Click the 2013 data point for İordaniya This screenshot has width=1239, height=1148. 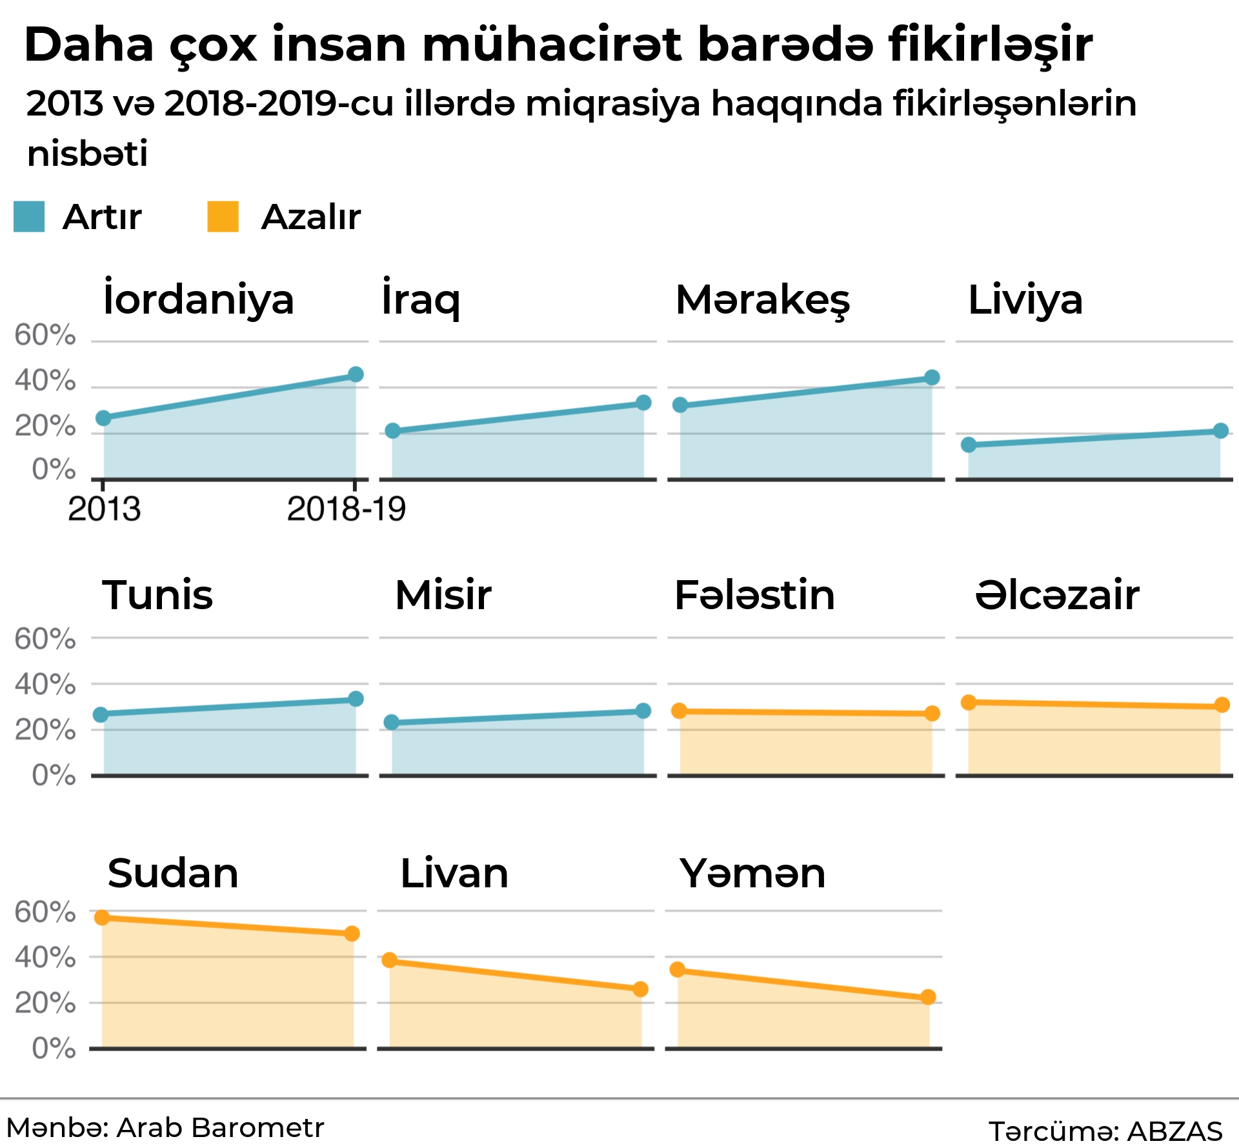click(103, 418)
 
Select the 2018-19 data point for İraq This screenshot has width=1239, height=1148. click(643, 403)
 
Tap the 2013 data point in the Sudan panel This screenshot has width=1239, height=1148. click(102, 917)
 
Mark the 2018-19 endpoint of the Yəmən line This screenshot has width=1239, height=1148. click(928, 997)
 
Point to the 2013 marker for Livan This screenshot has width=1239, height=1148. click(390, 960)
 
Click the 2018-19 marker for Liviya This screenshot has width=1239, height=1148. click(1220, 430)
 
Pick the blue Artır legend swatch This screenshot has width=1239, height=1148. click(29, 216)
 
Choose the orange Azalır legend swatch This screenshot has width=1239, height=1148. click(223, 216)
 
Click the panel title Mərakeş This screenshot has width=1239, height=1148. click(763, 300)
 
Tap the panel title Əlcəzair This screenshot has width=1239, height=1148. click(1057, 594)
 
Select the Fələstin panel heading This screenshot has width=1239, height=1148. click(754, 594)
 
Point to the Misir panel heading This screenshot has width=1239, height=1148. click(443, 594)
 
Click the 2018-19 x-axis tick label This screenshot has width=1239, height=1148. click(347, 509)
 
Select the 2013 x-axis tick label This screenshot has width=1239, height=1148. click(104, 509)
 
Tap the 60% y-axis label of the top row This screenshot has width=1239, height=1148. click(45, 335)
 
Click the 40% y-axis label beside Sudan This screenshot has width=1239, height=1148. click(45, 957)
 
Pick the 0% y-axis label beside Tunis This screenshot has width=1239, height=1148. click(54, 774)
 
